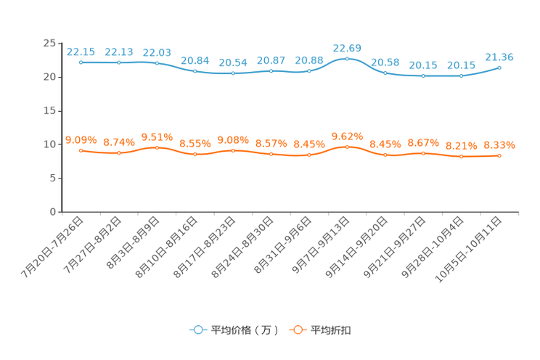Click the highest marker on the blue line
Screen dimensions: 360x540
pyautogui.click(x=347, y=59)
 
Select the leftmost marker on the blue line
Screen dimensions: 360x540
pyautogui.click(x=81, y=62)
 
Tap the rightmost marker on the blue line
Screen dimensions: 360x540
pyautogui.click(x=499, y=67)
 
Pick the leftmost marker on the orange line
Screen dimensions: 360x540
pyautogui.click(x=81, y=150)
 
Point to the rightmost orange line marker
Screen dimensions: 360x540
pyautogui.click(x=499, y=155)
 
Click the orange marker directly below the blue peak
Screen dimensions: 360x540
pyautogui.click(x=347, y=147)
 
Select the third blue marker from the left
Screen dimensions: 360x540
pyautogui.click(x=157, y=63)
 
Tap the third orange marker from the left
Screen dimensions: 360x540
pyautogui.click(x=157, y=147)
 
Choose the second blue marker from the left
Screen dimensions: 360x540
pyautogui.click(x=119, y=63)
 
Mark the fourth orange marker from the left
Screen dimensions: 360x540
pyautogui.click(x=195, y=154)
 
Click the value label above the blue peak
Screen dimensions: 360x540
pyautogui.click(x=347, y=47)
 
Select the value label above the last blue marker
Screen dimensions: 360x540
pyautogui.click(x=499, y=57)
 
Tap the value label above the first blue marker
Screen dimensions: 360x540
pyautogui.click(x=81, y=52)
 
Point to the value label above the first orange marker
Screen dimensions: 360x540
pyautogui.click(x=81, y=139)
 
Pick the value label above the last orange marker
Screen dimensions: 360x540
pyautogui.click(x=499, y=145)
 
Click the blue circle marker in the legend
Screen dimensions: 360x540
pyautogui.click(x=197, y=330)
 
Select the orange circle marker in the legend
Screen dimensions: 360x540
pyautogui.click(x=297, y=330)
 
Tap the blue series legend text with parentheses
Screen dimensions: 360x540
pyautogui.click(x=244, y=330)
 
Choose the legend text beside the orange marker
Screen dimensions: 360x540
pyautogui.click(x=331, y=330)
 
